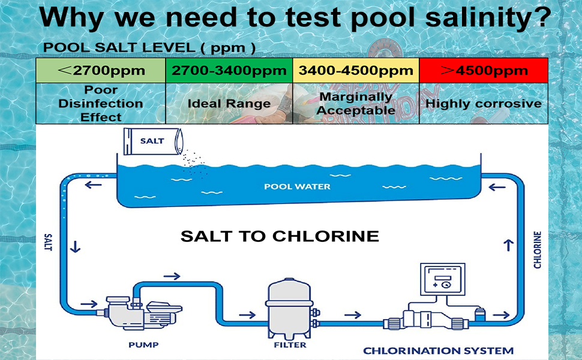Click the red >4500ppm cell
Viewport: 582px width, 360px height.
coord(484,70)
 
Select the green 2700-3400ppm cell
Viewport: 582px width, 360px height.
coord(229,70)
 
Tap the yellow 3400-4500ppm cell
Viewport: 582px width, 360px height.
coord(356,70)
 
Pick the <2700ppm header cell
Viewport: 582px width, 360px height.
coord(101,70)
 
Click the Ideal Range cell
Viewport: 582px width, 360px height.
coord(229,103)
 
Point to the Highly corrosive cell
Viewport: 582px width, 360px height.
coord(484,103)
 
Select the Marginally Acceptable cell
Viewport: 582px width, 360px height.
coord(356,103)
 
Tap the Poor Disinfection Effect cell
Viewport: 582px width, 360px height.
coord(101,103)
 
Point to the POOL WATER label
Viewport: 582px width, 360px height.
coord(297,187)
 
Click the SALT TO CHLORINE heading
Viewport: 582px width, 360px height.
coord(280,236)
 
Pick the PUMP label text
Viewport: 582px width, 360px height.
coord(143,345)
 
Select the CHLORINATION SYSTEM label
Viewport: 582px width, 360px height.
coord(439,350)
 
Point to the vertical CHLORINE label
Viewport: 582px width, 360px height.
coord(538,250)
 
